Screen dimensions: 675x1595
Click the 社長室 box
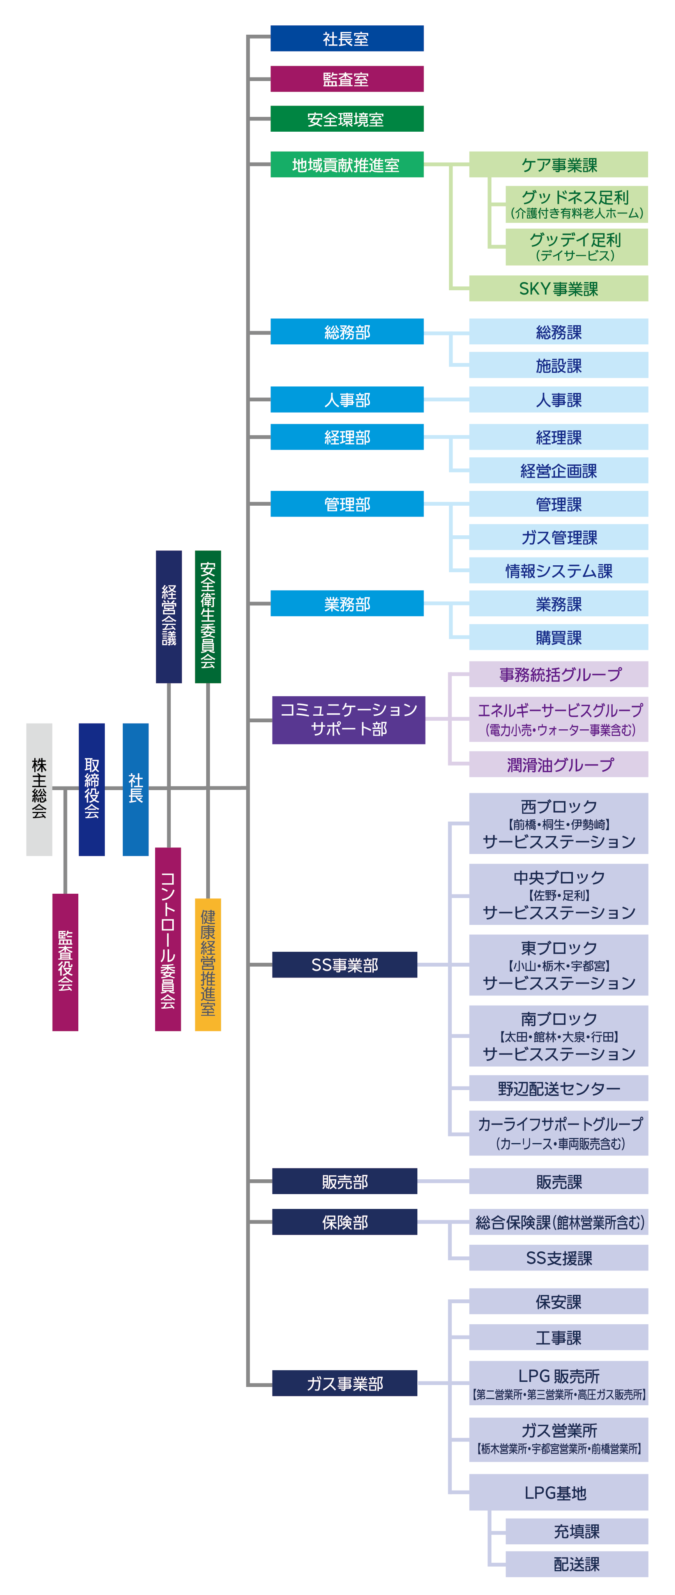coord(347,39)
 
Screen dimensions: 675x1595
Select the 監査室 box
coord(347,79)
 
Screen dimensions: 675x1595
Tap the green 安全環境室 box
coord(347,119)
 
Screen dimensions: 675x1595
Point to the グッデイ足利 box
coord(576,247)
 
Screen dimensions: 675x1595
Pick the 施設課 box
coord(558,365)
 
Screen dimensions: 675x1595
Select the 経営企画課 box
coord(558,471)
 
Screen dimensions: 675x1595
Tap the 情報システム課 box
coord(558,570)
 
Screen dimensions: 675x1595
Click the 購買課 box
coord(558,637)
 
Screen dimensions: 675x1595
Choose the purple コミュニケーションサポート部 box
coord(349,720)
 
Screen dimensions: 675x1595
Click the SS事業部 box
coord(345,965)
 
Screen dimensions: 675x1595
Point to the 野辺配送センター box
coord(558,1088)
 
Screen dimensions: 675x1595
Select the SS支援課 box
coord(558,1258)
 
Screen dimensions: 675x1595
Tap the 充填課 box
coord(576,1531)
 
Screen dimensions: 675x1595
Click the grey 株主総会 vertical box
coord(39,789)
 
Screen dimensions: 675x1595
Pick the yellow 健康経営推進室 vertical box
coord(208,965)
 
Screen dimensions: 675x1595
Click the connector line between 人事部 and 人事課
coord(447,399)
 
